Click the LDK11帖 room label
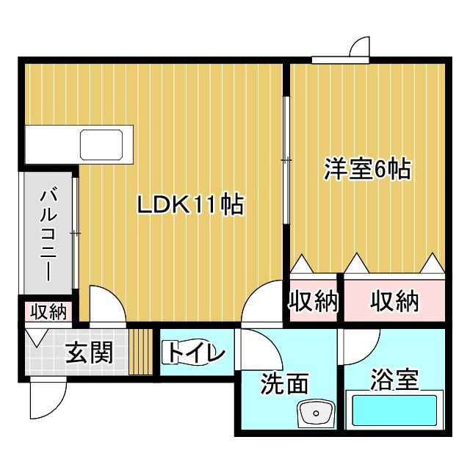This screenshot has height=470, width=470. [x=190, y=204]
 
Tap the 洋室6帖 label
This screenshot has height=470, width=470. [x=367, y=169]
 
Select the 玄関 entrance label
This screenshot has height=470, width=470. [x=90, y=352]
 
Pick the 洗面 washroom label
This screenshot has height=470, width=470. [x=284, y=383]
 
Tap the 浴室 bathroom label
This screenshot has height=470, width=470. [x=394, y=379]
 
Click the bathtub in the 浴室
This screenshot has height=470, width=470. [x=394, y=411]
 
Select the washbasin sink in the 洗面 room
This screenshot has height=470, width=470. [x=316, y=413]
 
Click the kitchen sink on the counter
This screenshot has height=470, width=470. [x=101, y=145]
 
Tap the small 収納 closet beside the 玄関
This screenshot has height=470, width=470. [x=48, y=311]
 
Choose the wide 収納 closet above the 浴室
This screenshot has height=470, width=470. [x=394, y=301]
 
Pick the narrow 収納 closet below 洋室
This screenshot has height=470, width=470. [x=314, y=301]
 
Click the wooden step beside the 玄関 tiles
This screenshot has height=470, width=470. [x=141, y=352]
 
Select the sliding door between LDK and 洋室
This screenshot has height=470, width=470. [x=286, y=160]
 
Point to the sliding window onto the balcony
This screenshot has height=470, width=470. [x=76, y=234]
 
